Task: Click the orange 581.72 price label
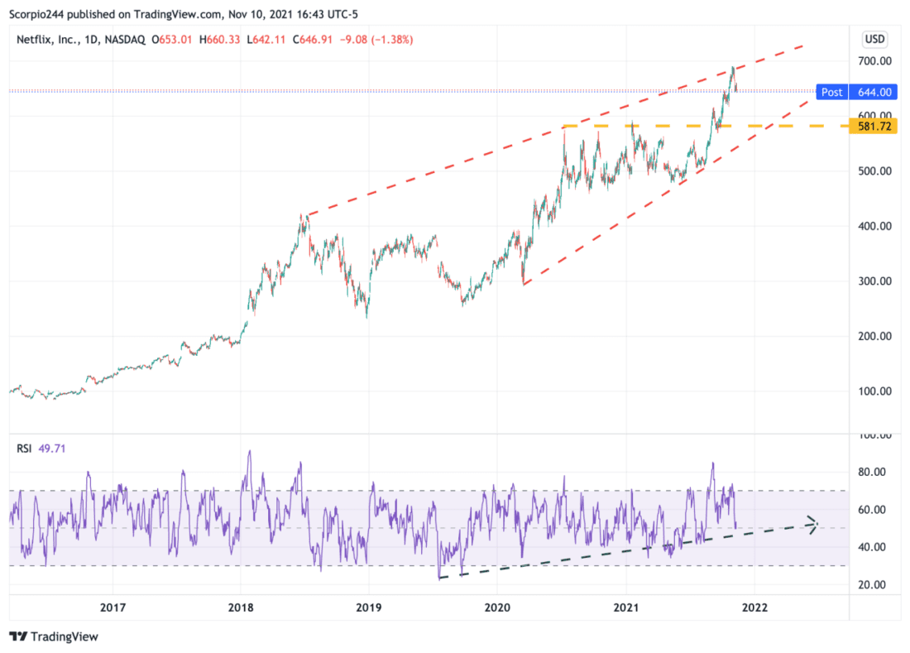876,127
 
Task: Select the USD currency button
874,39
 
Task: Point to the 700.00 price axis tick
874,61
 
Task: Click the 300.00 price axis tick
874,281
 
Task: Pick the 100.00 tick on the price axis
874,391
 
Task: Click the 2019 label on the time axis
369,607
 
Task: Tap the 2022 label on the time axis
754,607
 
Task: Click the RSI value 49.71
51,449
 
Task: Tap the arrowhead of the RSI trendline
813,523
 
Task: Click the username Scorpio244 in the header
39,13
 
